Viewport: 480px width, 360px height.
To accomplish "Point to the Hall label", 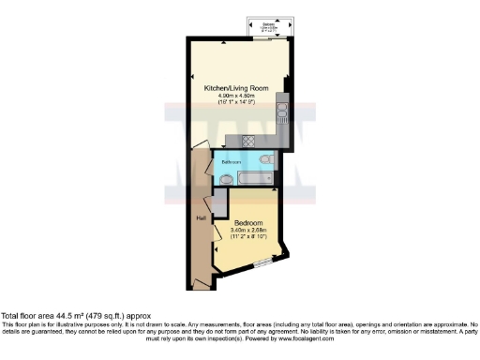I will pos(201,217).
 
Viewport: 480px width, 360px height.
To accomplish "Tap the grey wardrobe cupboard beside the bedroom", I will pos(219,202).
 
